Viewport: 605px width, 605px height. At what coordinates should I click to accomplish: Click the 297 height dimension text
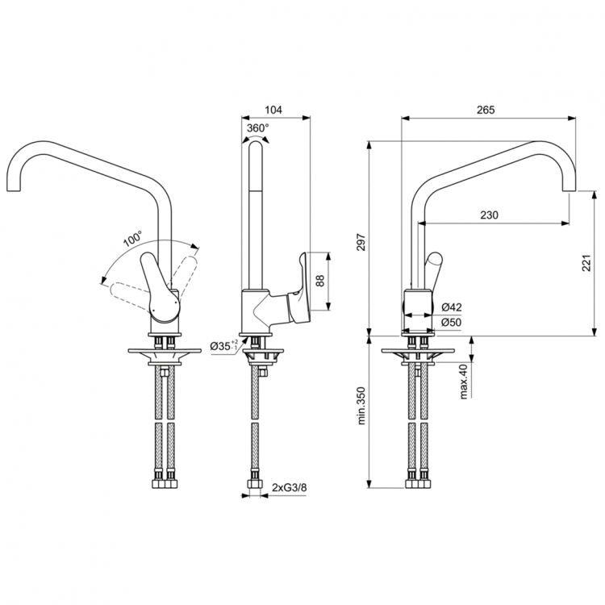pos(361,244)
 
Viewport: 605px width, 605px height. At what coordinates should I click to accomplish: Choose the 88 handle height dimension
pos(319,281)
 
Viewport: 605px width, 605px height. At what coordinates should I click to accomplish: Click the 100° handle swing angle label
pos(131,240)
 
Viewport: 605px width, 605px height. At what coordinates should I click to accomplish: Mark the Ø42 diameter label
pos(452,307)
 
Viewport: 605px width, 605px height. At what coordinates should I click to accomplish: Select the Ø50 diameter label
pos(452,323)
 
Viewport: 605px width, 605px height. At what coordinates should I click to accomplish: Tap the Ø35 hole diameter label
pos(223,346)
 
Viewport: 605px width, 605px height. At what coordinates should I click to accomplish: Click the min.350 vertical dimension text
pos(361,404)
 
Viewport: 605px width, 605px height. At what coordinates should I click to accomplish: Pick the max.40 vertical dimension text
pos(464,381)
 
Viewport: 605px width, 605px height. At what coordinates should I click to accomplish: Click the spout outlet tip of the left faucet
pos(16,191)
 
